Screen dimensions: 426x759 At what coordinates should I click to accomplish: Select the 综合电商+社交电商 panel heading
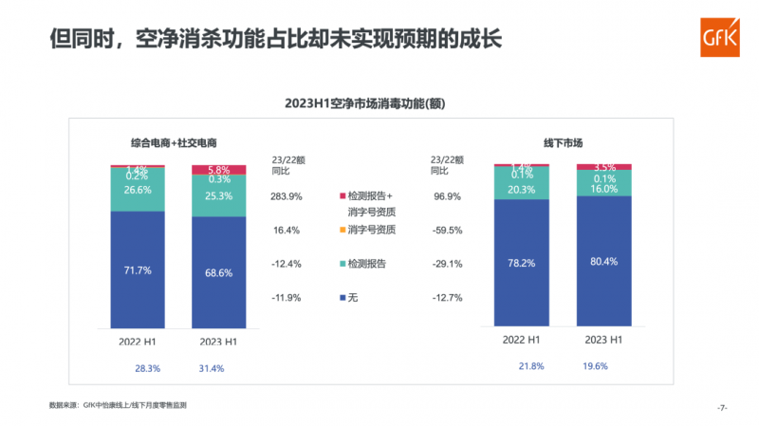(175, 143)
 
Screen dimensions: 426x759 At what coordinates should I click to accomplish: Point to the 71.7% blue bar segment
(138, 269)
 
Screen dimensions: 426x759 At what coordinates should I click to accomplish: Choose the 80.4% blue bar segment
(602, 260)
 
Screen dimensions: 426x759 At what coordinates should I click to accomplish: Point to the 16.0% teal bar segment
(602, 188)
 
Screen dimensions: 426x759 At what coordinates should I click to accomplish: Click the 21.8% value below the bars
(531, 366)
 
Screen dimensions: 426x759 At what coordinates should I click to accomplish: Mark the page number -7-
(722, 407)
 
